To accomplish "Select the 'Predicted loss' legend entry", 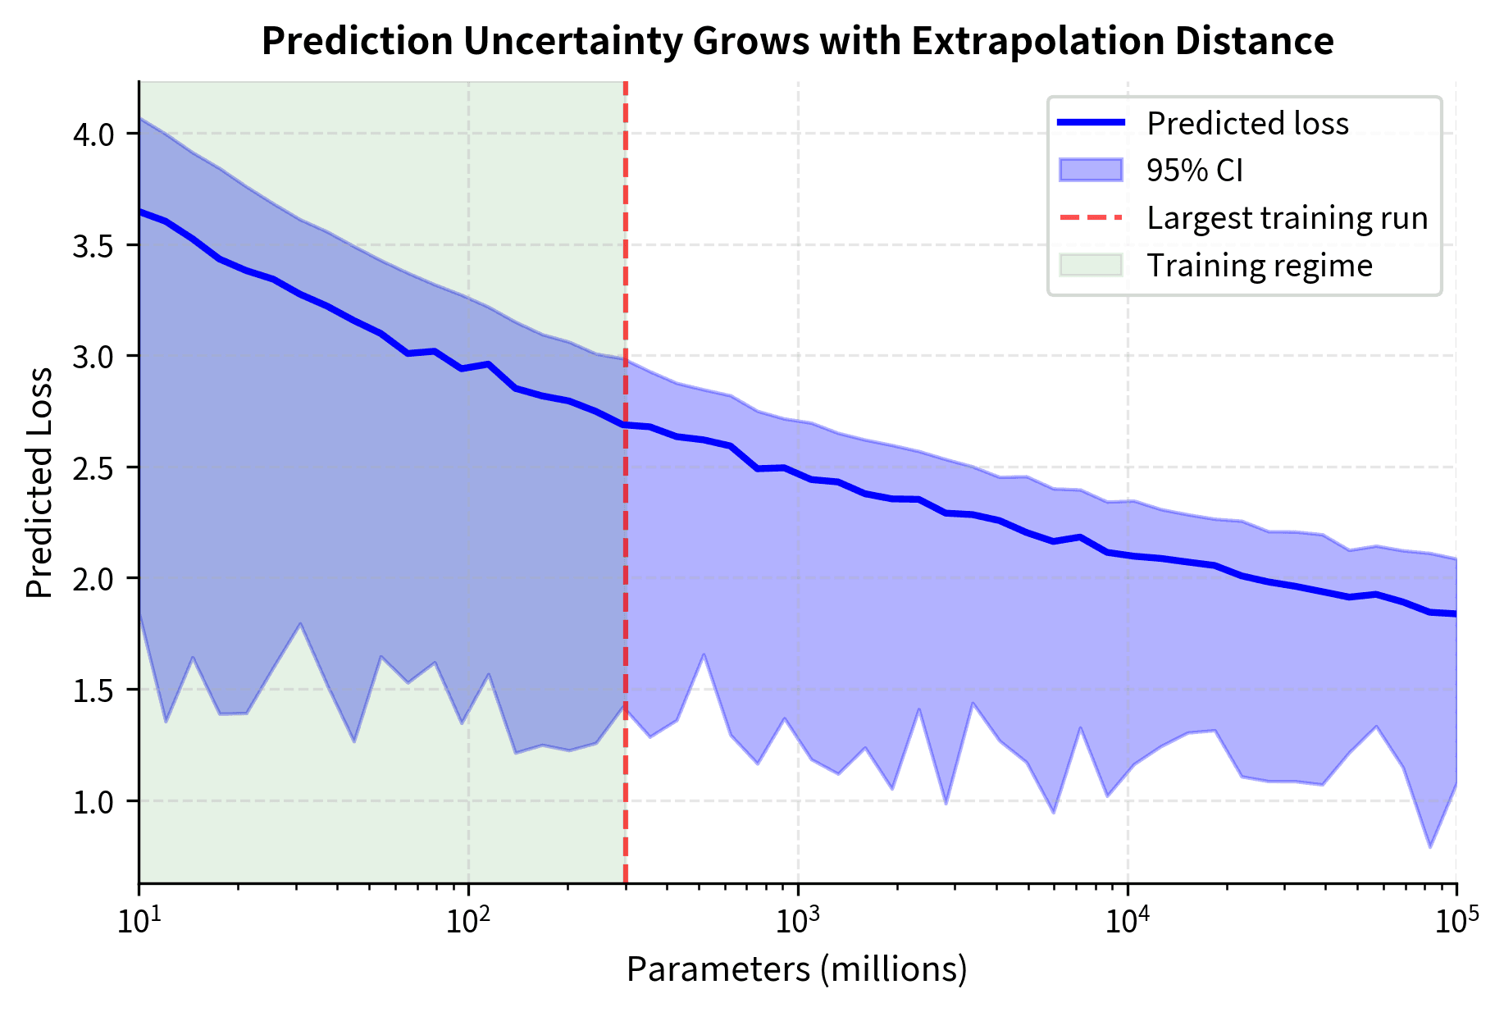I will tap(1246, 123).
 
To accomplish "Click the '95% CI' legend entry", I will tap(1195, 171).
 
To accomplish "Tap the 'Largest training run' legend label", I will tap(1287, 218).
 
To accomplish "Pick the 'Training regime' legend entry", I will tap(1259, 266).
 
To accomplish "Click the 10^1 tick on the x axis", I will tap(139, 922).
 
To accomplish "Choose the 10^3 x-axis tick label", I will tap(797, 922).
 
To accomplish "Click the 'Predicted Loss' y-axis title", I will tap(39, 482).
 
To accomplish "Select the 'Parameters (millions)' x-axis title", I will tap(797, 969).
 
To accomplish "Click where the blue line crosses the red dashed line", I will tap(625, 424).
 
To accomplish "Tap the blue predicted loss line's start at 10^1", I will tap(140, 211).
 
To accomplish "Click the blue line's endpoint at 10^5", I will tap(1456, 613).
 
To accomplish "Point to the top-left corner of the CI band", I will tap(140, 118).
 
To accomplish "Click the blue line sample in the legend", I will tap(1091, 123).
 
